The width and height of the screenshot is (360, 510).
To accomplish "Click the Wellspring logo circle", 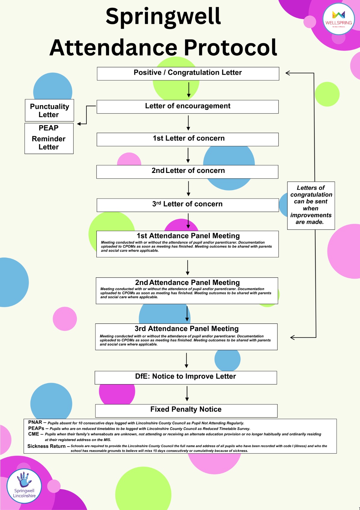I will pos(339,19).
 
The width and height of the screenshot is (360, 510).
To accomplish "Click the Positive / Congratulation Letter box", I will pos(188,73).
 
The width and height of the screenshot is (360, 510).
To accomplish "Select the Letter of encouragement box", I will pos(187,106).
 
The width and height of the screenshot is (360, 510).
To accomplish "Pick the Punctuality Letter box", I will pos(49,110).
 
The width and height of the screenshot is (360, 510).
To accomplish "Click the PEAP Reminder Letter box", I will pos(49,138).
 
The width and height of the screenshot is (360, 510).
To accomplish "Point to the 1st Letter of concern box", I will pos(187,139).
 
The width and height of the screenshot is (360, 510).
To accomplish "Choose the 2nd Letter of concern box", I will pos(187,171).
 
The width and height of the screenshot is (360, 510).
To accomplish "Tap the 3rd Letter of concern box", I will pos(187,205).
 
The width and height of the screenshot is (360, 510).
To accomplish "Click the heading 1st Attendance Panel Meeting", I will pos(188,236).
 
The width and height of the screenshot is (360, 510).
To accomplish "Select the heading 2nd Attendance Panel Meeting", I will pos(187,282).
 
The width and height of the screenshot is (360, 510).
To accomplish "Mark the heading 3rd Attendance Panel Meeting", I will pos(186,328).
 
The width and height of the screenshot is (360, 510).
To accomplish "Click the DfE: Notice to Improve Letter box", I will pos(186,377).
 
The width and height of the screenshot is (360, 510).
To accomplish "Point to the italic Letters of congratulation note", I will pos(311,205).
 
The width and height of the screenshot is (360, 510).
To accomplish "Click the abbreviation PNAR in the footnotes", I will pos(35,422).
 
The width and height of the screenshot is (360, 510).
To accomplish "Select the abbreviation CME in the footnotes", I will pos(33,434).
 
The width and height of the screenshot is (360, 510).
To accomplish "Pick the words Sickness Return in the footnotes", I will pos(46,446).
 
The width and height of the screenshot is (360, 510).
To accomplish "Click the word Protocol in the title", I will pos(230,48).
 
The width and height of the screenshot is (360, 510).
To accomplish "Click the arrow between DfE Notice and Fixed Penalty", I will pos(187,393).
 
